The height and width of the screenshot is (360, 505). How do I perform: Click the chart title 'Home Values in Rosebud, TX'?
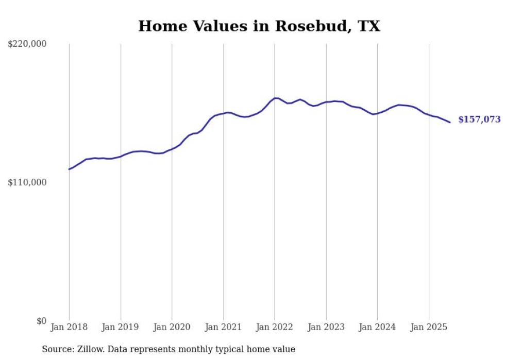tap(259, 26)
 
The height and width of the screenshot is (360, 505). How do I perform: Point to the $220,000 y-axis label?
tap(27, 44)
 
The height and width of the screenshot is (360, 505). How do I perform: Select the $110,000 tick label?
tap(27, 182)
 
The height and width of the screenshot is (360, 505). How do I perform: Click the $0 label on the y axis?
tap(41, 321)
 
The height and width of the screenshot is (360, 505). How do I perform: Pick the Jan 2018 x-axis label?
tap(69, 327)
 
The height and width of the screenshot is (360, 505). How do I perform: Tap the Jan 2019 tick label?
tap(121, 327)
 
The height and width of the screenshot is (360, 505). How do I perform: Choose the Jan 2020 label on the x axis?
tap(172, 327)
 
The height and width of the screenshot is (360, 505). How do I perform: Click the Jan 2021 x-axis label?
tap(223, 327)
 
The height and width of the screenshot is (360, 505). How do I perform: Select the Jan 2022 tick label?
tap(275, 327)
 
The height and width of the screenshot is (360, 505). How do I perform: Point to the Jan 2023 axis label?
tap(326, 327)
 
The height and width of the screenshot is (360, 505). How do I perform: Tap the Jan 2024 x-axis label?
tap(377, 327)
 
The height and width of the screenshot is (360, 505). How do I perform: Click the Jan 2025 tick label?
tap(429, 327)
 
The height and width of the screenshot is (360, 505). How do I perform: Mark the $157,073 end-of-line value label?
tap(479, 119)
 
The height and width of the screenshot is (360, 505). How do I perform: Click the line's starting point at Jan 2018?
tap(69, 169)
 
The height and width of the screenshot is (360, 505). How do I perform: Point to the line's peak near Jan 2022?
tap(276, 98)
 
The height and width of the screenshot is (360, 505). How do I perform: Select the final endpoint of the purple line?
tap(450, 123)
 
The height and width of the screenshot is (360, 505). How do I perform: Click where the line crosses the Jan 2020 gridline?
tap(172, 148)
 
